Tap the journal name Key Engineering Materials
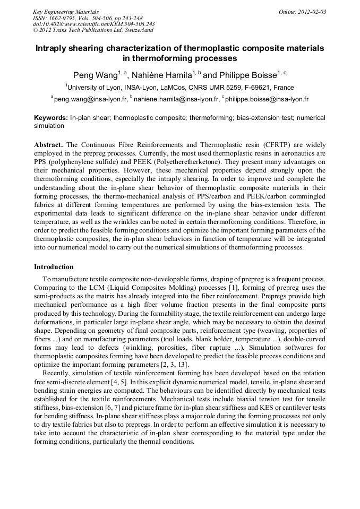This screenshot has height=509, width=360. click(66, 12)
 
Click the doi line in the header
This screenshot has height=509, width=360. click(94, 24)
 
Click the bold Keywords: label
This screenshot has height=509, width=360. click(51, 118)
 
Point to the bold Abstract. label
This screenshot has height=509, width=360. click(49, 145)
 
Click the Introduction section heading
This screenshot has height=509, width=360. click(54, 267)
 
